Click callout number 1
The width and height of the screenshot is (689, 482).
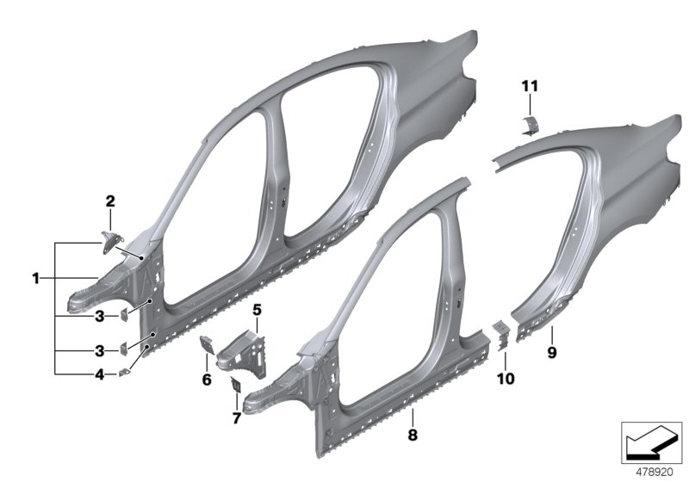[36, 278]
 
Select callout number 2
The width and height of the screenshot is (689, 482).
[110, 201]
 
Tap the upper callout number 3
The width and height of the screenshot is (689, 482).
[100, 316]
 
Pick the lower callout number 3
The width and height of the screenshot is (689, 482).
[100, 350]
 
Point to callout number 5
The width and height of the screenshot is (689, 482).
[256, 308]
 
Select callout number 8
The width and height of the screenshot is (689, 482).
[412, 436]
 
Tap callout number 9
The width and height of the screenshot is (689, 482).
[552, 351]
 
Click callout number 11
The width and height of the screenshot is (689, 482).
[529, 85]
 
